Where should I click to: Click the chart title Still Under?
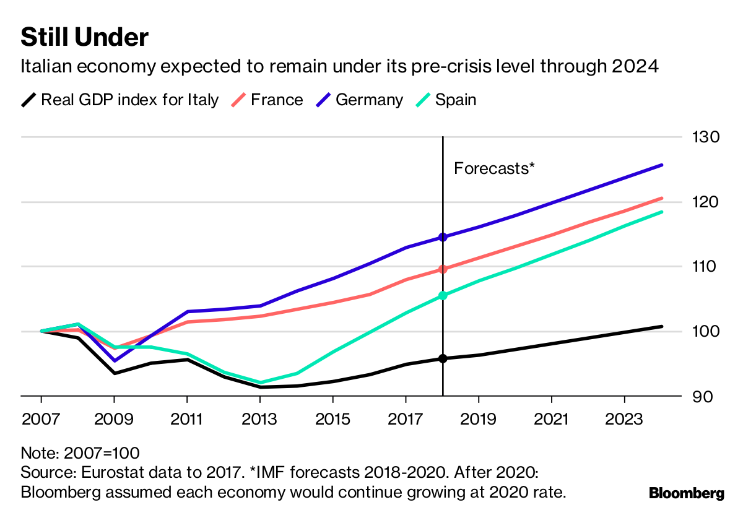click(x=84, y=38)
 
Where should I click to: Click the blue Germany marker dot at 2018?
click(x=443, y=237)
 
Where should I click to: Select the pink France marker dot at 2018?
click(x=443, y=269)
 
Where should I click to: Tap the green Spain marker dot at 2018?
click(x=443, y=296)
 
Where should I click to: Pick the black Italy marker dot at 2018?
click(x=443, y=358)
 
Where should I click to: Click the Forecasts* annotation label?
click(x=494, y=168)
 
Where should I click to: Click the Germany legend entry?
click(x=369, y=100)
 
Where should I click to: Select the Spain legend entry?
click(x=456, y=100)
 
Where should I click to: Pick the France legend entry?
click(x=277, y=100)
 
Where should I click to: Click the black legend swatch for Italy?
click(x=28, y=100)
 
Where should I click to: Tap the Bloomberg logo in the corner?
click(x=686, y=493)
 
